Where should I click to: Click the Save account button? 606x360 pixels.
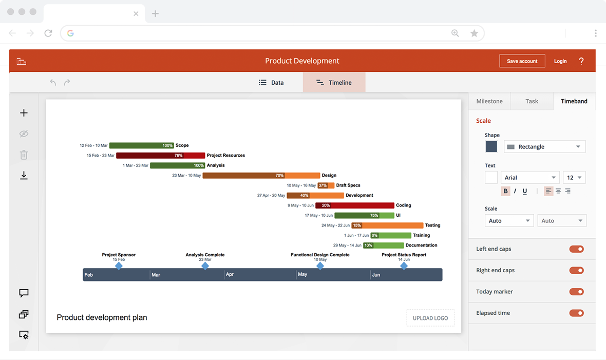pos(522,61)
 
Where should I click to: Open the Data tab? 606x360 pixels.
pos(271,82)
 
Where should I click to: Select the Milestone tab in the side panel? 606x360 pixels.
pos(489,101)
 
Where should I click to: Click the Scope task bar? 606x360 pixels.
pos(141,145)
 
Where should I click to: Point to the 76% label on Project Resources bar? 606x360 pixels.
pos(178,156)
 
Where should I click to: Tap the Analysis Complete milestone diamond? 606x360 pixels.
pos(205,266)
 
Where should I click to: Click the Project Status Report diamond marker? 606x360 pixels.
pos(404,266)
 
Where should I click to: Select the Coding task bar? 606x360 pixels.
pos(355,205)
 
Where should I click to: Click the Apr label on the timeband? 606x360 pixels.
pos(230,274)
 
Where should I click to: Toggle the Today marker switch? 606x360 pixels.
pos(576,292)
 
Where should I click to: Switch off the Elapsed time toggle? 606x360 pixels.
pos(576,313)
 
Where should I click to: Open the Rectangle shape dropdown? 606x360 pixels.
pos(544,146)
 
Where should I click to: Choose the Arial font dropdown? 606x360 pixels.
pos(530,178)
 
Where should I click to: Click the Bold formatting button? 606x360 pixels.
pos(505,191)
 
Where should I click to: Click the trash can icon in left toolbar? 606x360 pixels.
pos(24,155)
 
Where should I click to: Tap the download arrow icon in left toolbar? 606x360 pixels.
pos(24,176)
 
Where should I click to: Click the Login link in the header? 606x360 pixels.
pos(560,61)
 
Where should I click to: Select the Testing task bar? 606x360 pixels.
pos(387,225)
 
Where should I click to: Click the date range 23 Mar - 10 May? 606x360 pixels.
pos(186,176)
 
